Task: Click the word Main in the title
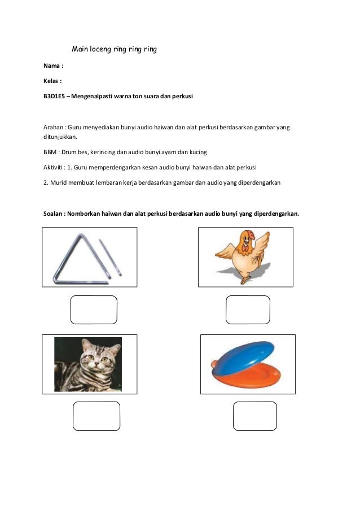(x=81, y=49)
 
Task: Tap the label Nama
(x=52, y=66)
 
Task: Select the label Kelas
(x=52, y=81)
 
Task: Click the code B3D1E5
(x=55, y=97)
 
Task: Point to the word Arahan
(x=54, y=127)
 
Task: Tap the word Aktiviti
(x=55, y=167)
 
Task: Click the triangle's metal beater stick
(x=110, y=258)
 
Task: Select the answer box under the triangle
(x=94, y=310)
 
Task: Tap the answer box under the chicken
(x=247, y=310)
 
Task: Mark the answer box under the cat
(x=96, y=416)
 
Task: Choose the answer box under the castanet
(x=254, y=416)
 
